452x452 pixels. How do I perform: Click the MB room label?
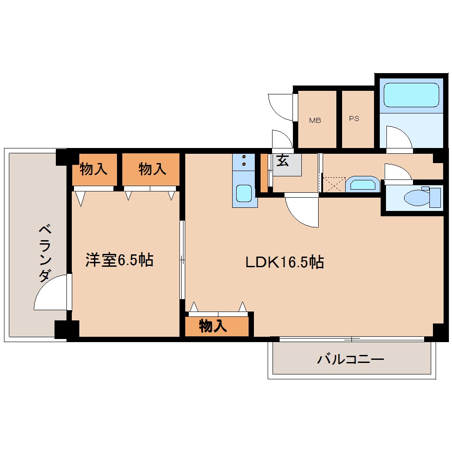pyautogui.click(x=315, y=121)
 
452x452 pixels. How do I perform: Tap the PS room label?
pyautogui.click(x=354, y=119)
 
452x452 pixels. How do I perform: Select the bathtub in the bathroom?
pyautogui.click(x=411, y=95)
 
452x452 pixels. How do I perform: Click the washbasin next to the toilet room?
pyautogui.click(x=362, y=184)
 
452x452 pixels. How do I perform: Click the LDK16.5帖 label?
pyautogui.click(x=285, y=262)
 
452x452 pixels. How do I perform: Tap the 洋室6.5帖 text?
pyautogui.click(x=119, y=260)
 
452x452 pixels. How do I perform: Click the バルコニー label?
pyautogui.click(x=350, y=359)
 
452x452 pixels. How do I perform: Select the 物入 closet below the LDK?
pyautogui.click(x=213, y=327)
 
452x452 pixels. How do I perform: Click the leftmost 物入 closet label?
pyautogui.click(x=93, y=169)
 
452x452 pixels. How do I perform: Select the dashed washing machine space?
pyautogui.click(x=333, y=184)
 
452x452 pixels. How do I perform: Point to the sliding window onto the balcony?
pyautogui.click(x=351, y=339)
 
